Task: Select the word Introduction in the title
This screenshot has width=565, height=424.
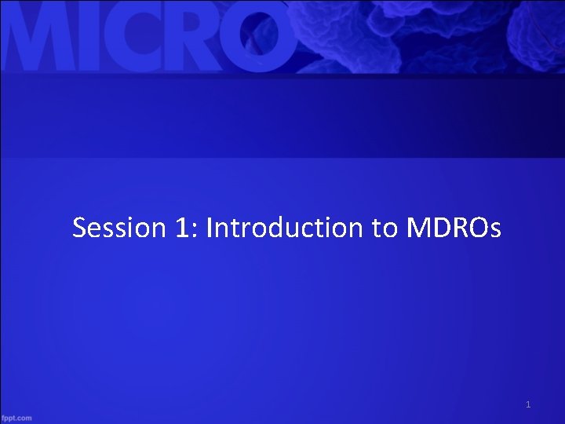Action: point(287,228)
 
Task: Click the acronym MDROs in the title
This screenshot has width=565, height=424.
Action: point(454,228)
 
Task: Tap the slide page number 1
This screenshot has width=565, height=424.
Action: point(528,405)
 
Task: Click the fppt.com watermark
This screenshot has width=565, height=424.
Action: point(17,418)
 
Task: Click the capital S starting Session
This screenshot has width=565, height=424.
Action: point(79,228)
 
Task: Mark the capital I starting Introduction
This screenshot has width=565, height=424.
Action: point(210,228)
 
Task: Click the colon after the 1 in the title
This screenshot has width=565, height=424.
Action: point(184,231)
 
